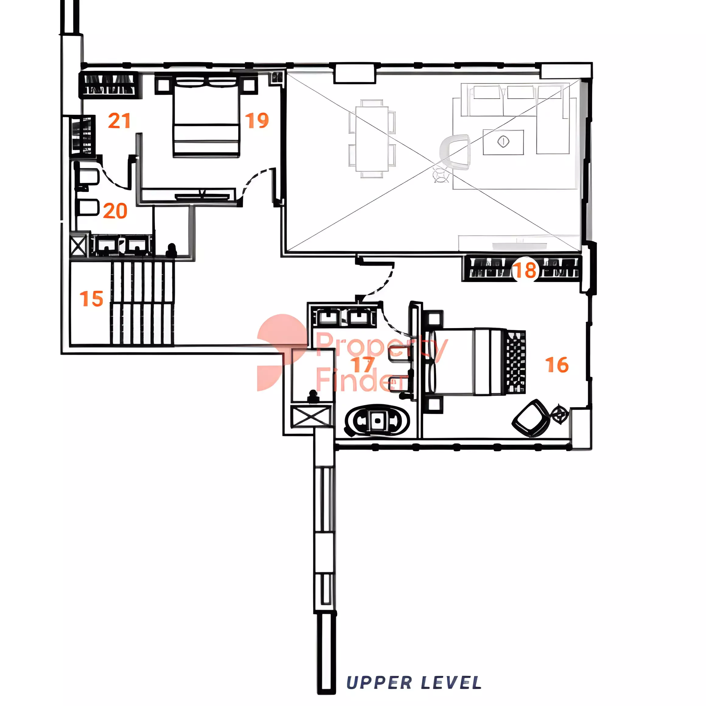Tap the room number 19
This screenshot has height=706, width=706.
pyautogui.click(x=257, y=121)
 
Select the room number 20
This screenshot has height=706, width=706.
pyautogui.click(x=115, y=211)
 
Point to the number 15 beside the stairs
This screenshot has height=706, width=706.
pyautogui.click(x=91, y=299)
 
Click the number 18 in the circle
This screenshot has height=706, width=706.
pyautogui.click(x=526, y=270)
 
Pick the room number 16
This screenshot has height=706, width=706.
pyautogui.click(x=557, y=365)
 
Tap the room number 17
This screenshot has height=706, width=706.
pyautogui.click(x=364, y=364)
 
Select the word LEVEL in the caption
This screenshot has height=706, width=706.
pyautogui.click(x=451, y=683)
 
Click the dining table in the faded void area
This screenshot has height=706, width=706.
pyautogui.click(x=372, y=139)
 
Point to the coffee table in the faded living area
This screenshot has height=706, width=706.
pyautogui.click(x=503, y=142)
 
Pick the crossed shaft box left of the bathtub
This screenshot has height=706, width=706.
pyautogui.click(x=312, y=417)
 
